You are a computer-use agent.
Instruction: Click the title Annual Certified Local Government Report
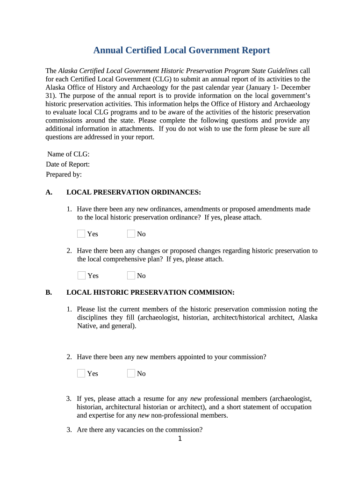[x=181, y=51]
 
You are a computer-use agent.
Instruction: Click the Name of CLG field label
[x=68, y=154]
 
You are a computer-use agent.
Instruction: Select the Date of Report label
[x=68, y=164]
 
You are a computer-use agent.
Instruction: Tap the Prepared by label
[x=64, y=174]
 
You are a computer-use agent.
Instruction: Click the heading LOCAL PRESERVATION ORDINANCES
[x=134, y=192]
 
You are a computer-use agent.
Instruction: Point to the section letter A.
[x=49, y=192]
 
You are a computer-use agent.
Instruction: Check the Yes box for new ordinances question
[x=81, y=233]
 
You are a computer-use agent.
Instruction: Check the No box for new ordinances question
[x=131, y=233]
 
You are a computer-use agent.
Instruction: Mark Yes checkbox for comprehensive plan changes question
[x=81, y=275]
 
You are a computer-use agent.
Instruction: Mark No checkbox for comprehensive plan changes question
[x=131, y=275]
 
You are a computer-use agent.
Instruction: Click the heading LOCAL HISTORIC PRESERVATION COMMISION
[x=150, y=292]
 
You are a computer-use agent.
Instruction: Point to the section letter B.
[x=49, y=292]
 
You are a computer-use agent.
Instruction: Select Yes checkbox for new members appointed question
[x=81, y=373]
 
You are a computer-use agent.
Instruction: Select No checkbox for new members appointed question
[x=131, y=373]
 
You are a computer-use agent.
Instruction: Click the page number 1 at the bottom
[x=180, y=439]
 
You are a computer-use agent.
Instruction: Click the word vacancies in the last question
[x=130, y=430]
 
